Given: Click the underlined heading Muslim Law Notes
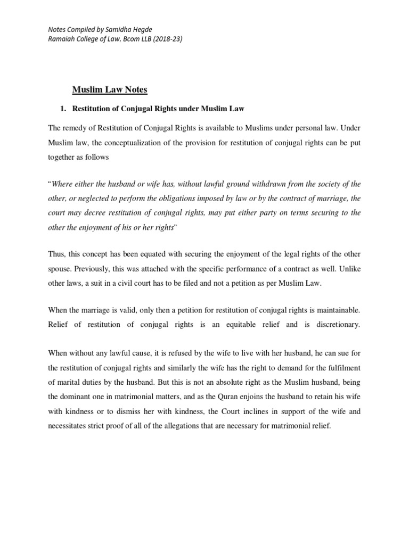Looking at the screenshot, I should [110, 90].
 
